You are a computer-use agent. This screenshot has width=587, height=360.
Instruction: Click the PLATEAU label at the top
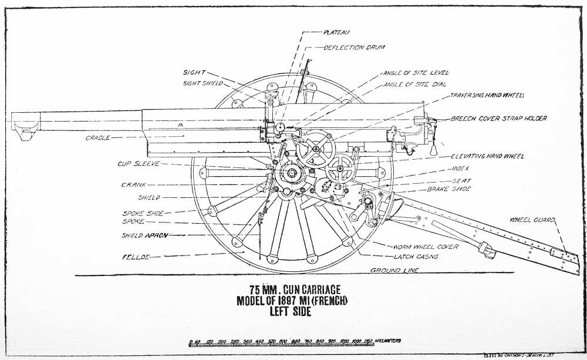337,33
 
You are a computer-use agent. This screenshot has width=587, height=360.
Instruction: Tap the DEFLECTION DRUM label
352,48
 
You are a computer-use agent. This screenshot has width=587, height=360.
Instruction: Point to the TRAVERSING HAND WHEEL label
487,95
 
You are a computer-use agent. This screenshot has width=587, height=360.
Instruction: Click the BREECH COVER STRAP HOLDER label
499,119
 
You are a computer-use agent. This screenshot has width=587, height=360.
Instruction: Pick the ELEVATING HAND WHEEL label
487,156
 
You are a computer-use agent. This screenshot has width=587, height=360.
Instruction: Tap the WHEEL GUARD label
531,220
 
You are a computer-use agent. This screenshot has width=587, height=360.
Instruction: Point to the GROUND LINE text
394,270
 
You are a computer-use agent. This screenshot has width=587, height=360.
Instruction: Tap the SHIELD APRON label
144,235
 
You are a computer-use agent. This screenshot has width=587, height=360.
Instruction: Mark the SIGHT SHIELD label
203,83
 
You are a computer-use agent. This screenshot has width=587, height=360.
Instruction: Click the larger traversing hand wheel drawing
316,149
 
